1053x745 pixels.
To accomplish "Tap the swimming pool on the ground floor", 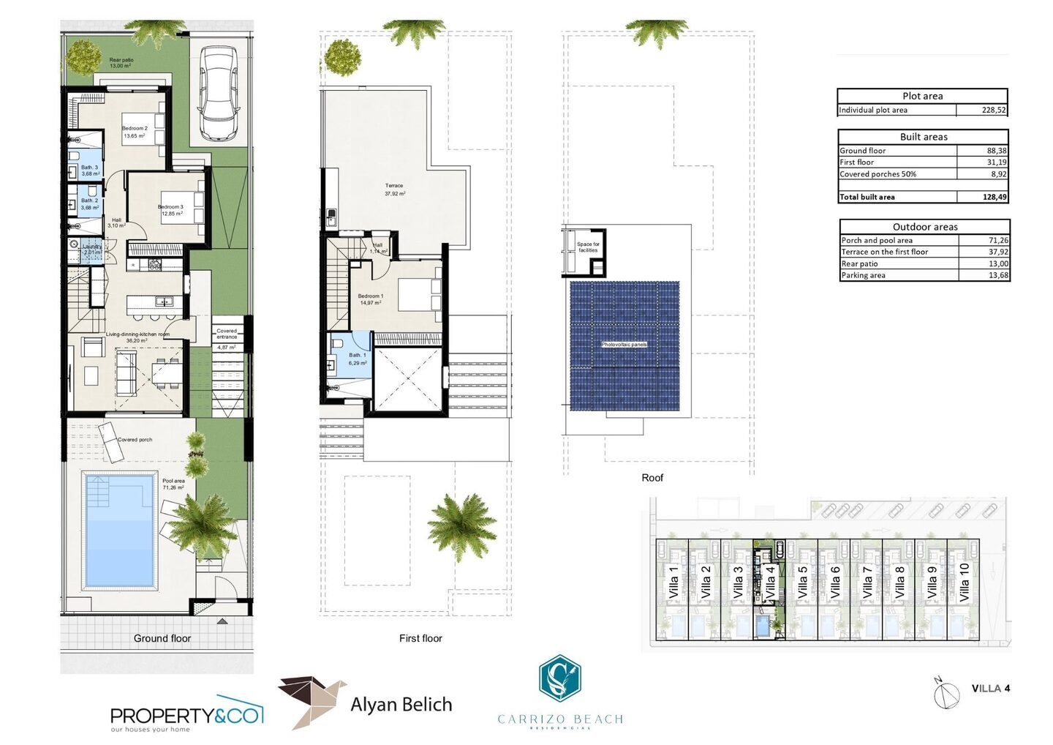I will [x=120, y=531].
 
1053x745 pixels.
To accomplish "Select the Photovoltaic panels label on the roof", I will [x=624, y=344].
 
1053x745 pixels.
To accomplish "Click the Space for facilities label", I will [x=588, y=247].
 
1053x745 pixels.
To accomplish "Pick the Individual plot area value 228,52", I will [x=993, y=111].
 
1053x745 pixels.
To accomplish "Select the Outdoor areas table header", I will [x=924, y=227].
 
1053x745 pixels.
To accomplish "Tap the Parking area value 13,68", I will [x=997, y=275].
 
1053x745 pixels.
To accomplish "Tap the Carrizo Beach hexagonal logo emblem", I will [x=559, y=678].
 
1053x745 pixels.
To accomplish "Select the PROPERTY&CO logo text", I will [x=186, y=715].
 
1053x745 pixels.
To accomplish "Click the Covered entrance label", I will [x=227, y=334].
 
